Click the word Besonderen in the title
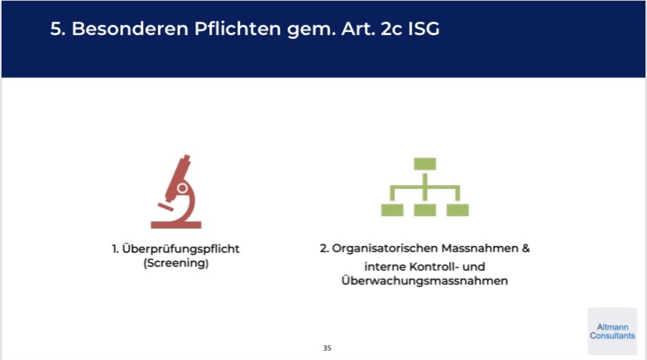130,28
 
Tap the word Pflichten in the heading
238,28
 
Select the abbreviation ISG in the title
424,28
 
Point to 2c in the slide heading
391,28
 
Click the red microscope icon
176,191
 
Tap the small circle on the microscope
182,188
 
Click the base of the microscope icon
176,225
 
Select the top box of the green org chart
425,164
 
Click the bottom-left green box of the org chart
392,210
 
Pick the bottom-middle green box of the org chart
425,210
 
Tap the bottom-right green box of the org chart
458,210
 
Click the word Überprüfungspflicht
181,249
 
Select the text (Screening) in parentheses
176,263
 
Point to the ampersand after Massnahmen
525,248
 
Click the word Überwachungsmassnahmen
424,281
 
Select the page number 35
327,348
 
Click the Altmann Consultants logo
613,331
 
